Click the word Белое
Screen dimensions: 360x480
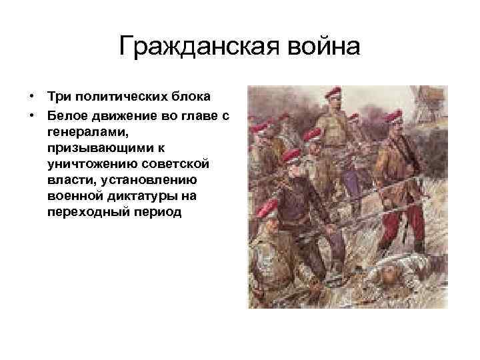pos(65,116)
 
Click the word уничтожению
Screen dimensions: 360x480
pos(87,164)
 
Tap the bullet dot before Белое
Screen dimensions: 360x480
pos(31,116)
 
